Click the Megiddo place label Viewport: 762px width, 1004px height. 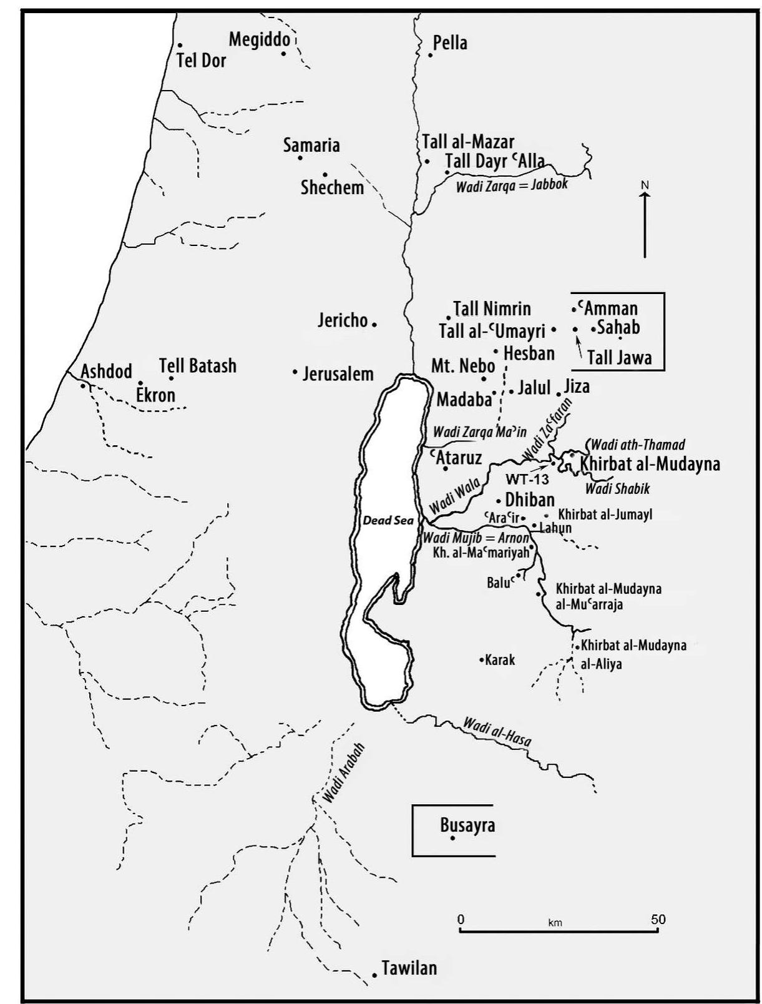(259, 40)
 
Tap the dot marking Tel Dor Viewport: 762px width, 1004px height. (180, 45)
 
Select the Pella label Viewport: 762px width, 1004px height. (450, 43)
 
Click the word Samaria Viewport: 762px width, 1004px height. (311, 145)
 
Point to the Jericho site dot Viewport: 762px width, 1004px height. (374, 324)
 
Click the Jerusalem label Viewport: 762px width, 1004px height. (338, 374)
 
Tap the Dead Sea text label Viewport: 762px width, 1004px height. (388, 520)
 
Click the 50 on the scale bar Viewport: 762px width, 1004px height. (658, 919)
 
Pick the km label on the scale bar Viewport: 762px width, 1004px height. (555, 923)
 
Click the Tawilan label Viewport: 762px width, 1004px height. (409, 968)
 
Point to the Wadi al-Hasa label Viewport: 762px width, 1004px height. (497, 732)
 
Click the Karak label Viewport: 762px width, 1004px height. (500, 660)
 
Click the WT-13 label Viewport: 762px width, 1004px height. (527, 480)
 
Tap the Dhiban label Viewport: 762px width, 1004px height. (529, 500)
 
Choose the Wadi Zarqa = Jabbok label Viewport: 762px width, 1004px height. (512, 185)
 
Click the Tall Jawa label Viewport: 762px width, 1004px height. (619, 358)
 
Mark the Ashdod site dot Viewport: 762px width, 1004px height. (82, 385)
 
